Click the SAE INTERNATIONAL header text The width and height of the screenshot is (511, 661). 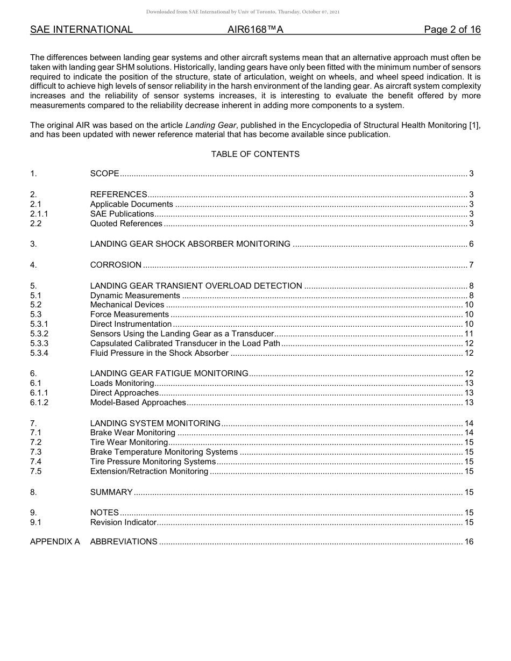coord(81,30)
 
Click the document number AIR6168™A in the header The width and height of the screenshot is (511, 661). coord(255,30)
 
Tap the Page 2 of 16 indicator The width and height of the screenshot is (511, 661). coord(452,30)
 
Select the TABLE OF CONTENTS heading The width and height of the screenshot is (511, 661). coord(255,154)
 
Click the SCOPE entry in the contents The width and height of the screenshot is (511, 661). coord(104,174)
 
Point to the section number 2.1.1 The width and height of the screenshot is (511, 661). coord(39,214)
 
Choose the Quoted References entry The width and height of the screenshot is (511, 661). coord(126,224)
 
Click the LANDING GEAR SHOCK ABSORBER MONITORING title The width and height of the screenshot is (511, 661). coord(190,244)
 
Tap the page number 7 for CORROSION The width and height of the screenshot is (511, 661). coord(471,265)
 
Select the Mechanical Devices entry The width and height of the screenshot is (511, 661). coord(127,305)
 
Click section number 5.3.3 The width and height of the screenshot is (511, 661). coord(39,343)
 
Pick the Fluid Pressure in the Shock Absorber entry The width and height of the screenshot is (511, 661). coord(159,353)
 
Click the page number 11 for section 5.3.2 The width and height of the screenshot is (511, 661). coord(469,334)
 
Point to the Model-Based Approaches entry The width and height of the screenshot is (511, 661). coord(138,403)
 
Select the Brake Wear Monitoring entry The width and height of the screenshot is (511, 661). coord(132,433)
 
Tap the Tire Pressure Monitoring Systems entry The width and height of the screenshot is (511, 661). coord(153,462)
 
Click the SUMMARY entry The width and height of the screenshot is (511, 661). coord(111,492)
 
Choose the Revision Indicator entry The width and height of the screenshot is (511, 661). coord(123,522)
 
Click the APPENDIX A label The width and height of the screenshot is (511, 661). coord(55,542)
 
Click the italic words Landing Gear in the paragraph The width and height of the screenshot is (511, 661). coord(211,125)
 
